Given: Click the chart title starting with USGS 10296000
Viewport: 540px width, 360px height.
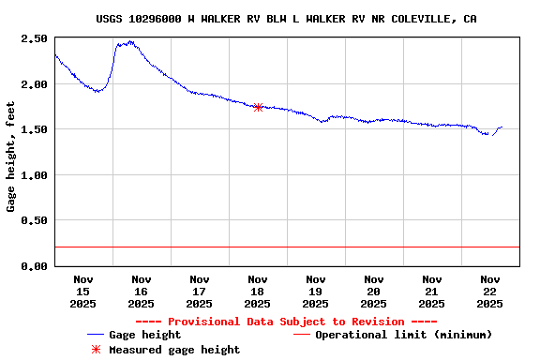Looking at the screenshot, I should (285, 19).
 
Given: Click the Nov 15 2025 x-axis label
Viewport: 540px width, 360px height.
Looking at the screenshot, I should (83, 291).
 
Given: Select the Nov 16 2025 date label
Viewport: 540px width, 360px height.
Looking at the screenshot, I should (142, 291).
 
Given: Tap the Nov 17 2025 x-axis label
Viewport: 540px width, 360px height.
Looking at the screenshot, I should (200, 291).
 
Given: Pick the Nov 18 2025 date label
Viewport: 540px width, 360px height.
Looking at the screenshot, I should (258, 291).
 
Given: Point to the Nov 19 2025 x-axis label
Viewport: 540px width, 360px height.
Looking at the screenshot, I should (316, 291).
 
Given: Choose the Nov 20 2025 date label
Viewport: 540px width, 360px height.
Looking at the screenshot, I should (374, 291).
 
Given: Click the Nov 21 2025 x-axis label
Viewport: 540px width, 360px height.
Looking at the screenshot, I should (432, 291).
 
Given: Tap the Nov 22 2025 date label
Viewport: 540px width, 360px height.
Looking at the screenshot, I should (490, 291).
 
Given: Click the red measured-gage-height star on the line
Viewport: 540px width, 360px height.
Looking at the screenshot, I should (258, 107).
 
